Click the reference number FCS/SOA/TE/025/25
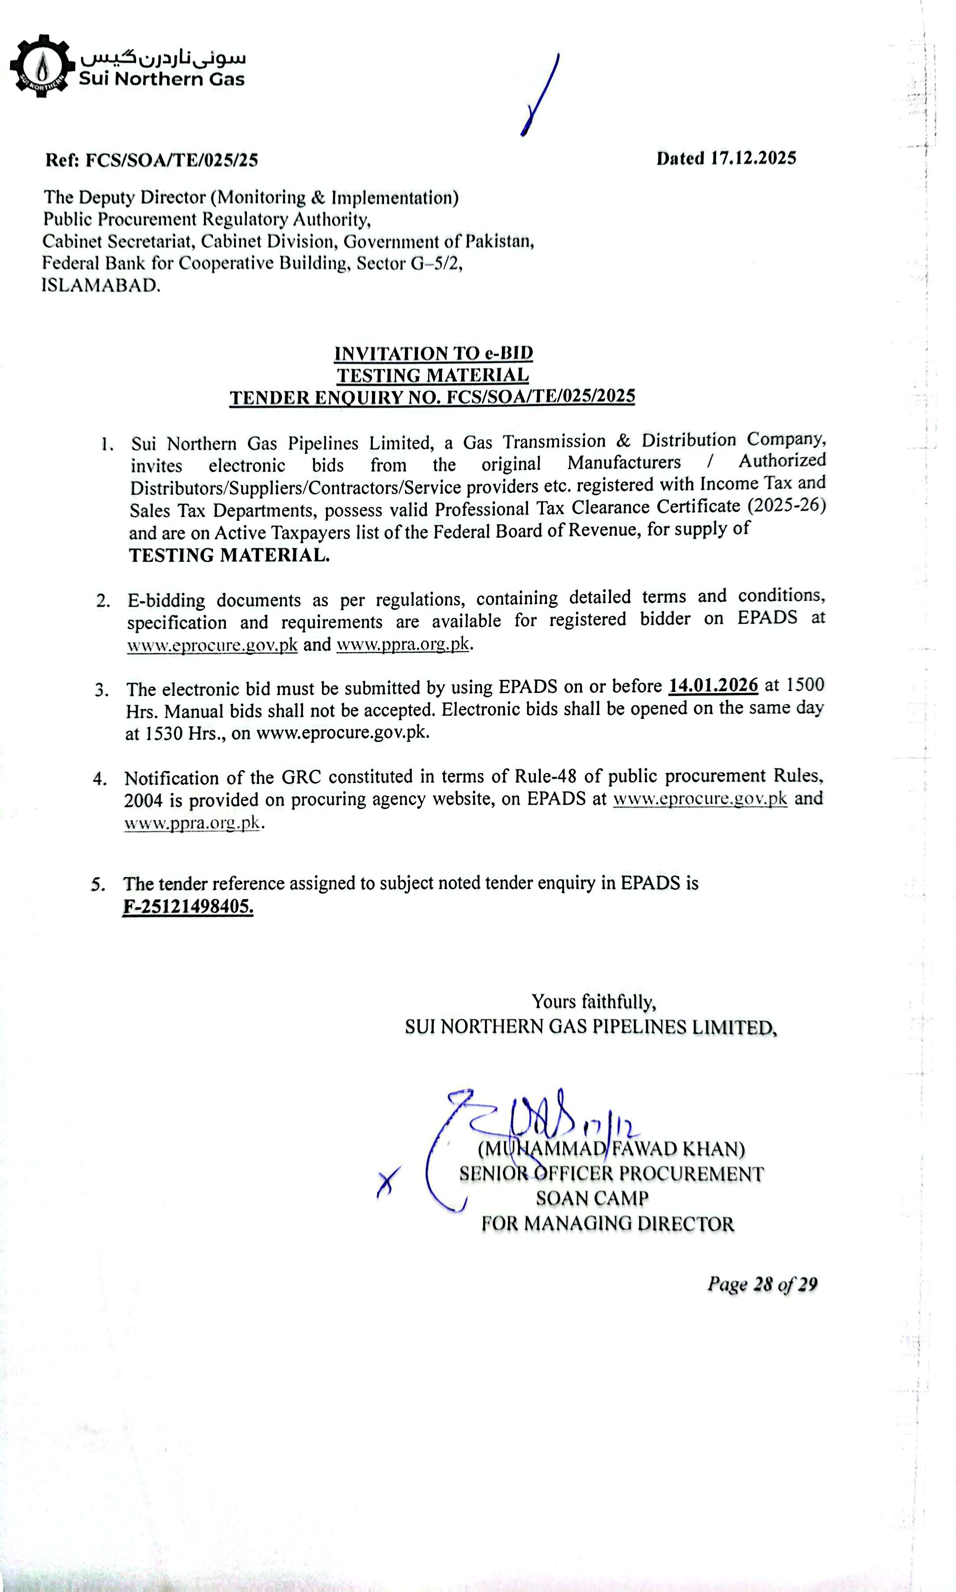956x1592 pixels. (171, 160)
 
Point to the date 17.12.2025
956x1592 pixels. (753, 159)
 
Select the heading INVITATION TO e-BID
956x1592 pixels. (433, 353)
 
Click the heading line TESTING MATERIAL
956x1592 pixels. (433, 375)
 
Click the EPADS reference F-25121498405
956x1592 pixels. (188, 906)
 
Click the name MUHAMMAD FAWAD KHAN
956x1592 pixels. (611, 1149)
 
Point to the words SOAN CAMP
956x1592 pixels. (592, 1198)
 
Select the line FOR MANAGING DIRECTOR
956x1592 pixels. (607, 1223)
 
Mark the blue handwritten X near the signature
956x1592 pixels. (388, 1181)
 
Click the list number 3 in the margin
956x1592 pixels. (102, 690)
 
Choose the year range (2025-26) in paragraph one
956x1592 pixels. (786, 505)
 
